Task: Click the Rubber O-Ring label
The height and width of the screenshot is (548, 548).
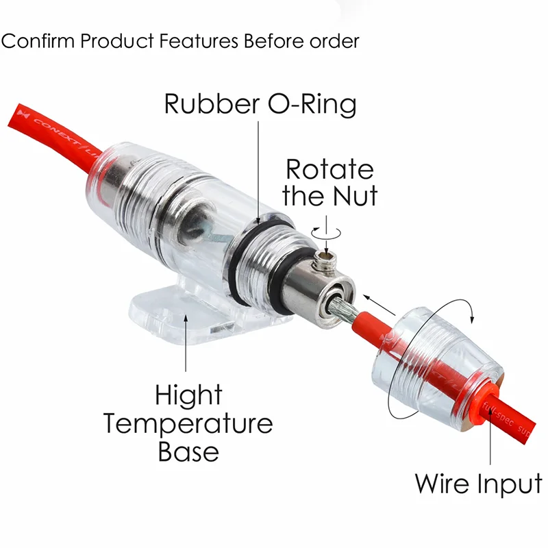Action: [260, 104]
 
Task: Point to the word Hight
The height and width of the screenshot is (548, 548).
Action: [188, 395]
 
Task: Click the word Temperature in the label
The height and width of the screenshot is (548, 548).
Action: [188, 423]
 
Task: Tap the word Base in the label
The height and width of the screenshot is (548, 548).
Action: [188, 452]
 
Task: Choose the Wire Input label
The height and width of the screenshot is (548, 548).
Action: [478, 483]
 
